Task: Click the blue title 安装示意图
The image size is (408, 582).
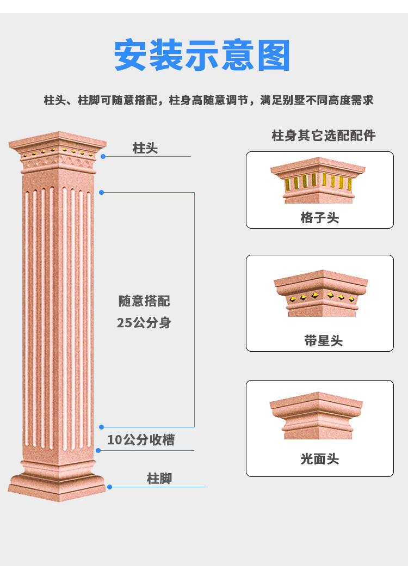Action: point(202,55)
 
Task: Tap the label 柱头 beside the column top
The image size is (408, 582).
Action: point(145,148)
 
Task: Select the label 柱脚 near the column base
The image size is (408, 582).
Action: point(159,479)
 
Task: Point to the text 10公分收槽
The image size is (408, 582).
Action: point(141,440)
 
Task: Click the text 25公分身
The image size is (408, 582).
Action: point(144,323)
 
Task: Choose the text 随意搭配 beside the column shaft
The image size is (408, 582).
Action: point(144,301)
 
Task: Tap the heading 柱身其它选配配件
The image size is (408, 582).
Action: point(323,136)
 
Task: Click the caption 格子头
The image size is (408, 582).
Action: point(320,218)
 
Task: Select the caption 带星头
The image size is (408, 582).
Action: point(323,341)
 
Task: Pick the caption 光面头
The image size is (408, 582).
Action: point(320,459)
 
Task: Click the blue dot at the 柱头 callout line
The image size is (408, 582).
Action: point(103,156)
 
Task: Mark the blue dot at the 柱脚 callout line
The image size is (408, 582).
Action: point(109,487)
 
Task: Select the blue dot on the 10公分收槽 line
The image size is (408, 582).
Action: point(98,450)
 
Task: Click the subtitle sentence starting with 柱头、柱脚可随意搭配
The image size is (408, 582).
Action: point(208,101)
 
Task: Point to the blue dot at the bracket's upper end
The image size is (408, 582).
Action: point(101,192)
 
